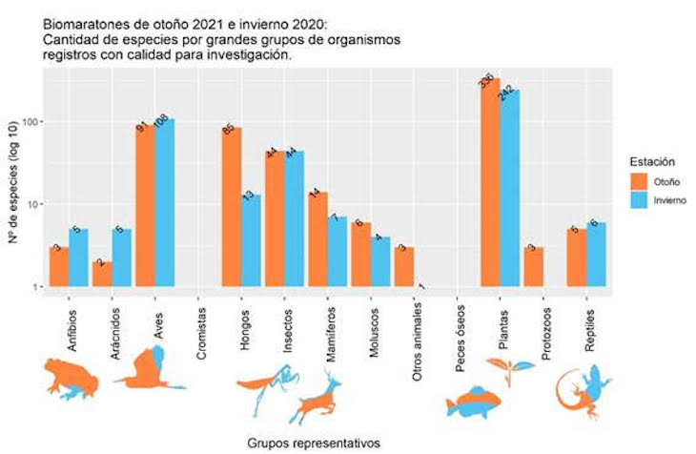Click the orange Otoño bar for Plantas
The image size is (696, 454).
[x=490, y=181]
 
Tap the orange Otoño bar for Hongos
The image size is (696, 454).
[x=232, y=206]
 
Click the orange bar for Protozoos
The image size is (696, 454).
[x=534, y=267]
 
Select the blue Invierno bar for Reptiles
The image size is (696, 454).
[x=597, y=254]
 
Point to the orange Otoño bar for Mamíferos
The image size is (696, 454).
[x=317, y=238]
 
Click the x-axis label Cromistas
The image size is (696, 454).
[x=201, y=329]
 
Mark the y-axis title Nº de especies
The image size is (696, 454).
[x=13, y=200]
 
